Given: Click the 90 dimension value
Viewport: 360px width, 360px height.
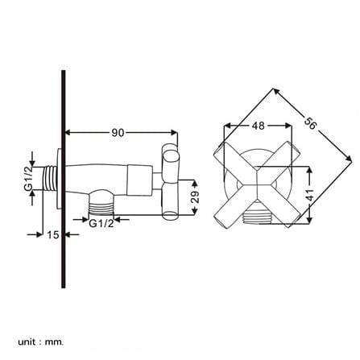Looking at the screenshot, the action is point(118,132).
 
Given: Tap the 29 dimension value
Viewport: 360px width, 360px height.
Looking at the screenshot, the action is point(196,197).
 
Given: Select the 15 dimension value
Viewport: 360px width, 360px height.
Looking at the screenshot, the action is point(53,234).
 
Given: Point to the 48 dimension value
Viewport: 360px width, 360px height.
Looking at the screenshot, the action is point(259,126).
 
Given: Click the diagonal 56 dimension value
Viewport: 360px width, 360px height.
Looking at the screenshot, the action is point(311,123).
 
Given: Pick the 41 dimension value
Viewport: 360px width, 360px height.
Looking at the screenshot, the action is point(309,195).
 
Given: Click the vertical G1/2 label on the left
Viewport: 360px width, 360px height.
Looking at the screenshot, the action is point(28,178).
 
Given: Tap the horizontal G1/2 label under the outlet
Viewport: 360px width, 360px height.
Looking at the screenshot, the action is point(101,223).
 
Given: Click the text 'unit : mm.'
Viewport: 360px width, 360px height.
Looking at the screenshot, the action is point(41,342).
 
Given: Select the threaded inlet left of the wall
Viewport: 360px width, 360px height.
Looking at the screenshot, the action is point(50,179).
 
